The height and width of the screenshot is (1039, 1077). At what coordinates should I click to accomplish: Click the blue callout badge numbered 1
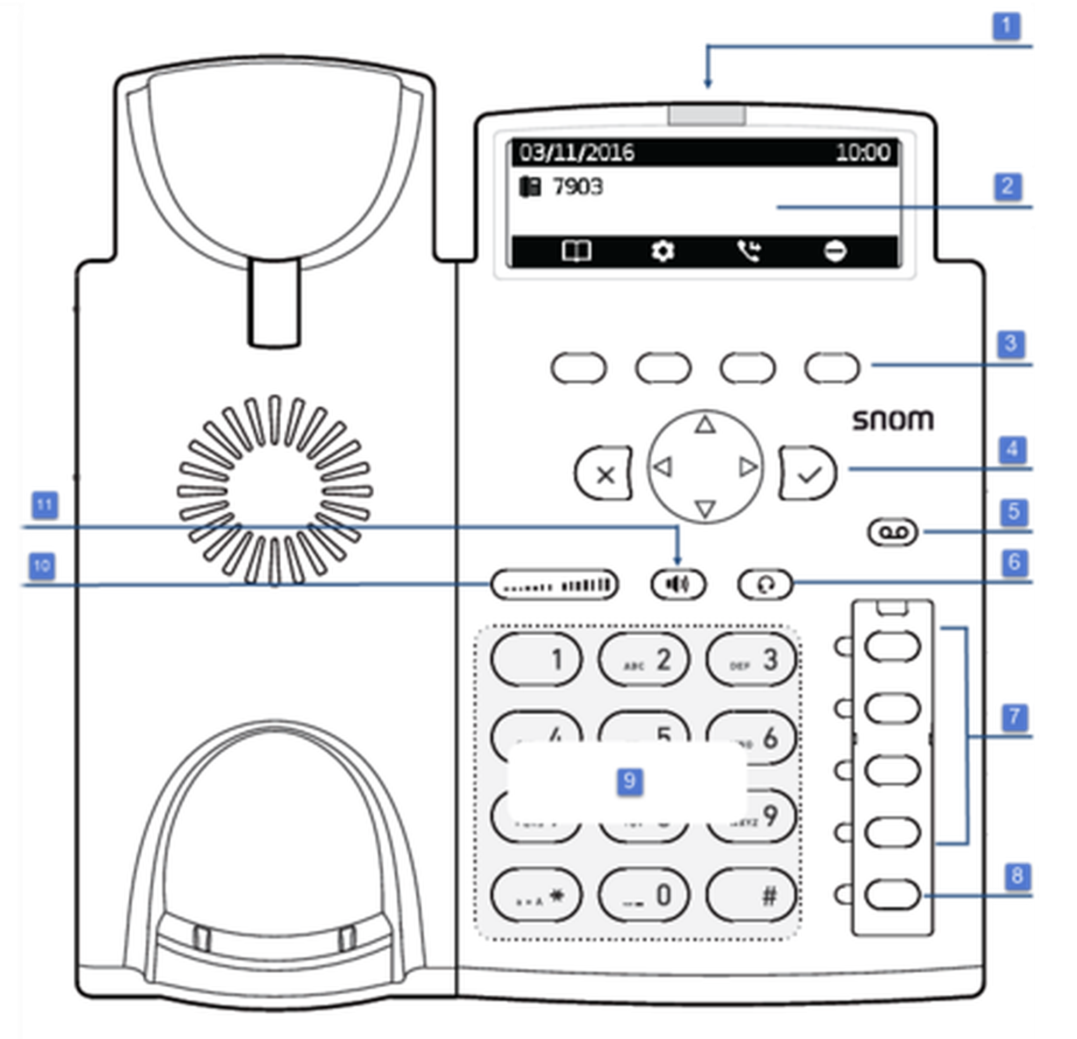coord(1006,25)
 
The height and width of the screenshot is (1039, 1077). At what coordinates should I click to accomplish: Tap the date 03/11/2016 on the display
coord(577,152)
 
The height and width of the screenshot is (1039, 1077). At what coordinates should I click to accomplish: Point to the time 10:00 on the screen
coord(863,152)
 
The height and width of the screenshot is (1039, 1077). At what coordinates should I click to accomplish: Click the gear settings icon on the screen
coord(663,252)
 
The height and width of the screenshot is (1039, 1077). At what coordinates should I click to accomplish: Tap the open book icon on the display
coord(576,252)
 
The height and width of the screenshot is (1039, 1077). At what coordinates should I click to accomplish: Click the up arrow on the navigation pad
coord(705,425)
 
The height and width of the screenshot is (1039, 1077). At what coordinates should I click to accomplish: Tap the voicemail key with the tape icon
coord(893,532)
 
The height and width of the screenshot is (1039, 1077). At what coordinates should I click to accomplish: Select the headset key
coord(765,584)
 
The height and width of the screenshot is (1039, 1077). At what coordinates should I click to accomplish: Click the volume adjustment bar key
coord(555,584)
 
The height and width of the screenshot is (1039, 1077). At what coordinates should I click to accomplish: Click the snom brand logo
coord(893,421)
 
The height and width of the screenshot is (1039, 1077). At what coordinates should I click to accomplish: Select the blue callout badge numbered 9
coord(630,780)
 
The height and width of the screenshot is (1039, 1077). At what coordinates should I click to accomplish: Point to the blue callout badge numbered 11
coord(45,504)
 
